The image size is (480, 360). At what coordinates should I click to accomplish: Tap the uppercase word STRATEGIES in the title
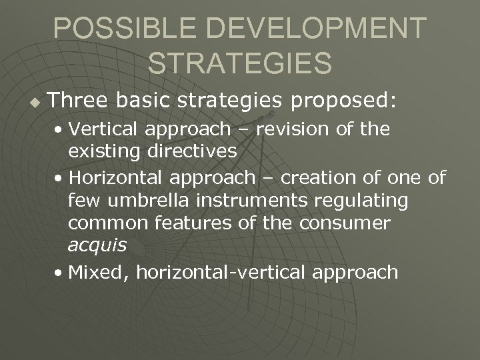[x=239, y=63]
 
